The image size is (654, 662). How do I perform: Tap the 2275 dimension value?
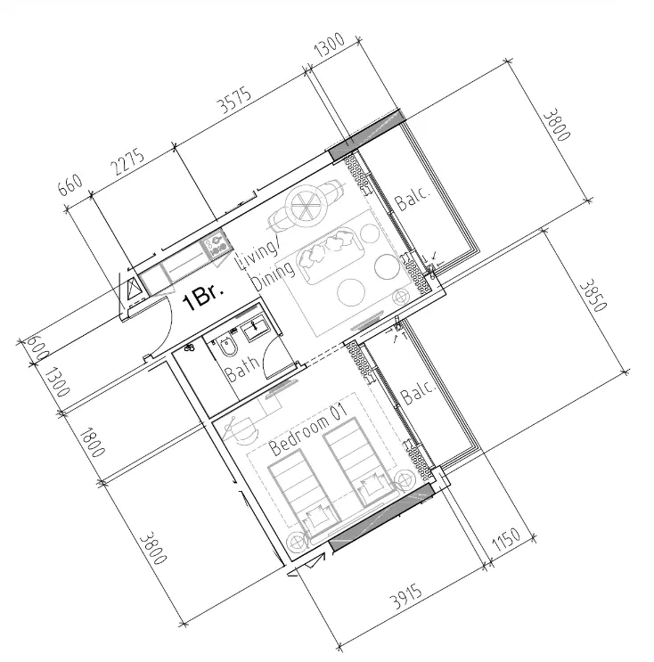[128, 162]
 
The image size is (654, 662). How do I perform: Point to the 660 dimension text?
[69, 185]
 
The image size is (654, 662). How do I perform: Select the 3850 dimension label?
[593, 295]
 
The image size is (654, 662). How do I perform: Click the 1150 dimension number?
[506, 539]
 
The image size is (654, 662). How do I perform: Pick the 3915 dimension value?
[405, 597]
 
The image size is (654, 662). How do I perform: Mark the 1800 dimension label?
[92, 442]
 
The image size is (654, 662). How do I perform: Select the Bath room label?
[241, 369]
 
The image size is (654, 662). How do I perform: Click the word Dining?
[273, 275]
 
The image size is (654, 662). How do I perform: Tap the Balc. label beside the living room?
[413, 198]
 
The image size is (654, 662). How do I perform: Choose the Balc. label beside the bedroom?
[418, 392]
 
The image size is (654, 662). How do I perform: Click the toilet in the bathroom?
[226, 345]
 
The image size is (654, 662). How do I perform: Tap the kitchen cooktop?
[217, 244]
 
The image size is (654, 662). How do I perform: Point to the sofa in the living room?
[330, 254]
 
